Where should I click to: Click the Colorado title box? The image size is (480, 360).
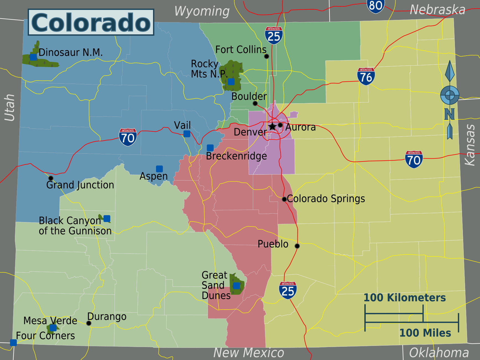91,22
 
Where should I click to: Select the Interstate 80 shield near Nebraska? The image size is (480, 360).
375,6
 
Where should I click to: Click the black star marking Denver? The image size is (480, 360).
272,127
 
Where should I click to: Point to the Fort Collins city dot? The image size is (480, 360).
266,56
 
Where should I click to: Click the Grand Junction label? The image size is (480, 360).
80,185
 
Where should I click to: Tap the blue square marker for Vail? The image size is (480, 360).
187,134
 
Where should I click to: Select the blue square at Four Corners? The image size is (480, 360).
13,343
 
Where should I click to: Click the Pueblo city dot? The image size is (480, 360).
297,246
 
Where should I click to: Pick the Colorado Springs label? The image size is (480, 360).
326,199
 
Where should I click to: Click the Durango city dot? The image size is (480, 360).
89,323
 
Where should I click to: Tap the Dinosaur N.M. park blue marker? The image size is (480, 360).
33,57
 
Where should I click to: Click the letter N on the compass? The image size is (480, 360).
449,114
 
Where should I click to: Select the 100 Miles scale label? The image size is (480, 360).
425,333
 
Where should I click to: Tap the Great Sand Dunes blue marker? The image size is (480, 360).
236,286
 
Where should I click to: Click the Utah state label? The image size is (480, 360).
10,107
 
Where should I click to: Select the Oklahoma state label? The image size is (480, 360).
439,353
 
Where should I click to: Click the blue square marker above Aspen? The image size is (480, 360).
159,169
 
